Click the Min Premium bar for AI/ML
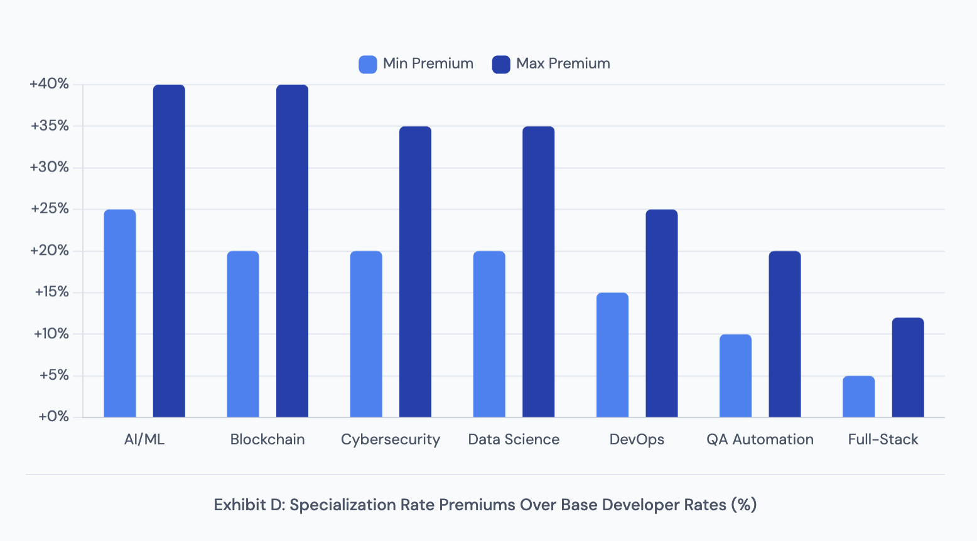120,313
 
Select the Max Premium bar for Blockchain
292,251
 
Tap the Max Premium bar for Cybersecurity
415,272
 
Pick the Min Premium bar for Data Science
489,334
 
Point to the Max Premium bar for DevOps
662,313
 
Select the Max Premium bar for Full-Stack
908,367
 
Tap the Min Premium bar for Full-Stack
858,396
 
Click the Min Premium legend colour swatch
368,64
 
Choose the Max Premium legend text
563,64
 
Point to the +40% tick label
49,84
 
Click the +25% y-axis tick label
50,209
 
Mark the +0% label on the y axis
53,417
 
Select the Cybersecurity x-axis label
391,439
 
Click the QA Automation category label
760,439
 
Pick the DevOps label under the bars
637,439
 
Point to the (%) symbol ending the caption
744,505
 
